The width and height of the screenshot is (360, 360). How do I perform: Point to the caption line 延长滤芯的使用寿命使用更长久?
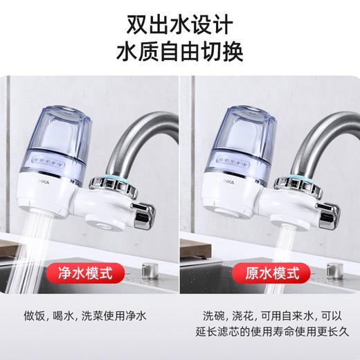[269, 334]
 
